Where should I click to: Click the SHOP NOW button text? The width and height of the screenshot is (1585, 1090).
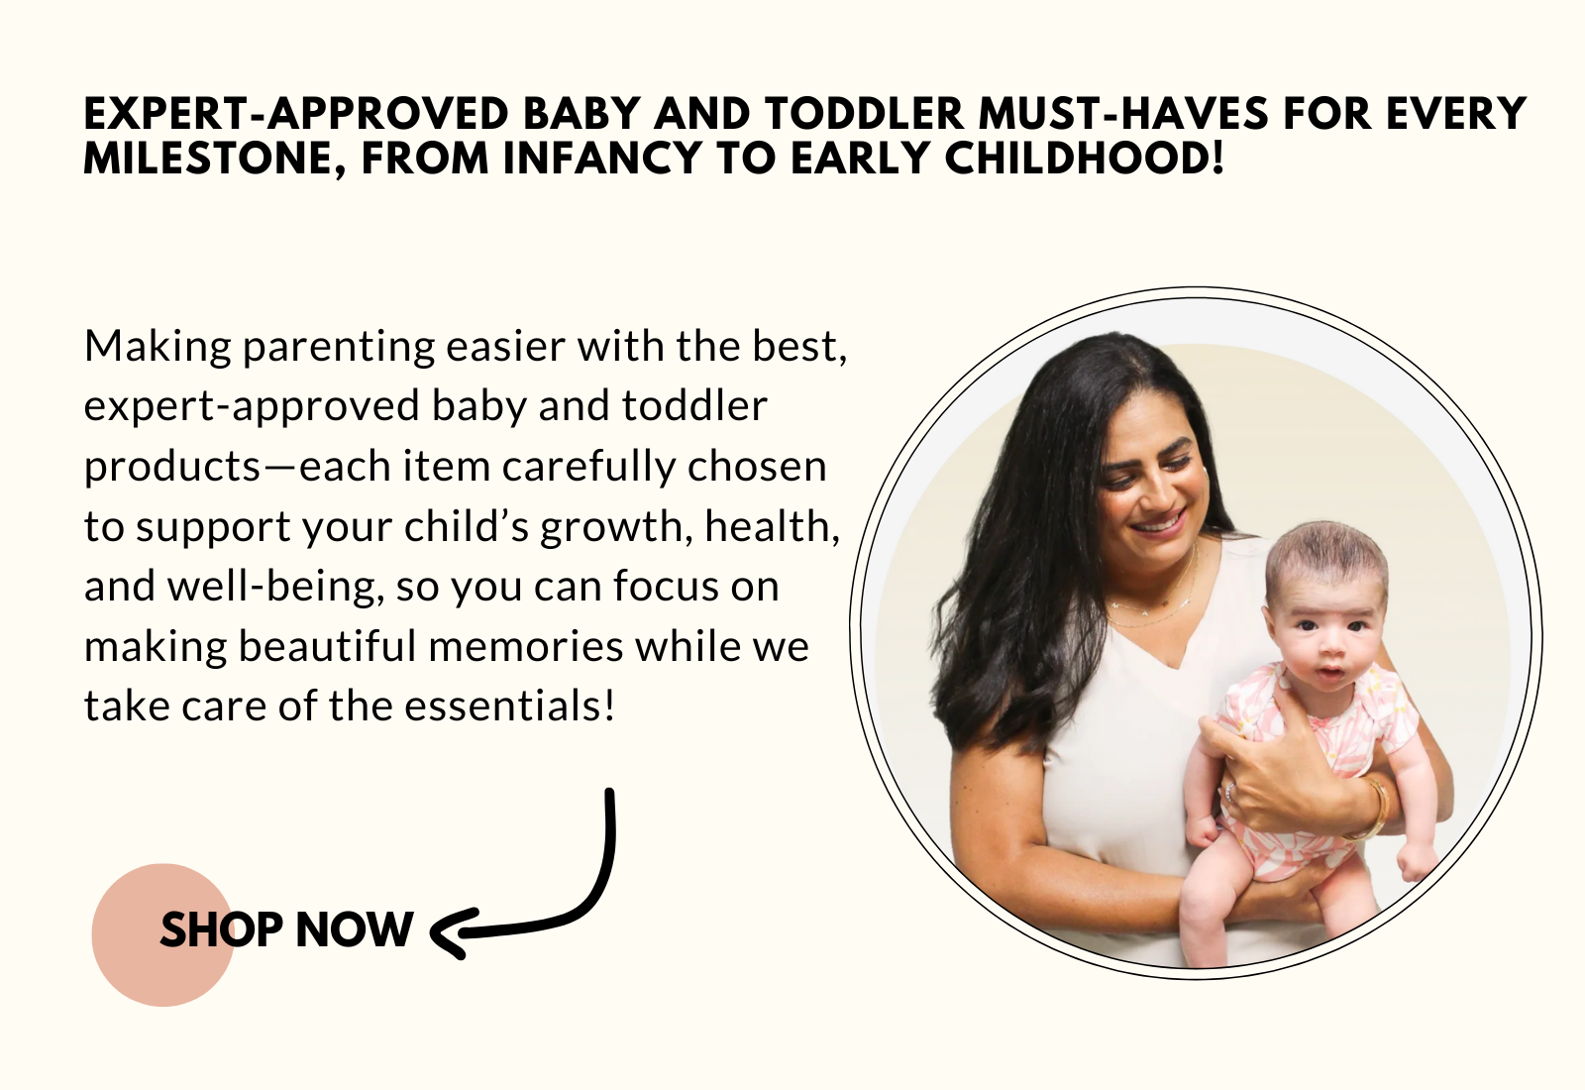[x=286, y=929]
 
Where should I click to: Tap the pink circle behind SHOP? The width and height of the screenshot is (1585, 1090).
[x=162, y=935]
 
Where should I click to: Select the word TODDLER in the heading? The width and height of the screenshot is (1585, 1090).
[x=863, y=114]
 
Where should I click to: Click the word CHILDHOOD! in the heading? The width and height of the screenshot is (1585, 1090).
[x=1084, y=158]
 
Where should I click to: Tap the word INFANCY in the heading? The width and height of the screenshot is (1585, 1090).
[x=602, y=158]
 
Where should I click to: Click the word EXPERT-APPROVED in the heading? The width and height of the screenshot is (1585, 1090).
[x=296, y=114]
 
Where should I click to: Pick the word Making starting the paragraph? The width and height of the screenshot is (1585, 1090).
[x=158, y=346]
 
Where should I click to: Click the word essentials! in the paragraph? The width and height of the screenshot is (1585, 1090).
[x=509, y=706]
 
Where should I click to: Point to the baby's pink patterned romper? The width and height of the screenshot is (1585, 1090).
[x=1317, y=772]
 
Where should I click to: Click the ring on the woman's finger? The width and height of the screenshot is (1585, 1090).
[x=1230, y=792]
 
